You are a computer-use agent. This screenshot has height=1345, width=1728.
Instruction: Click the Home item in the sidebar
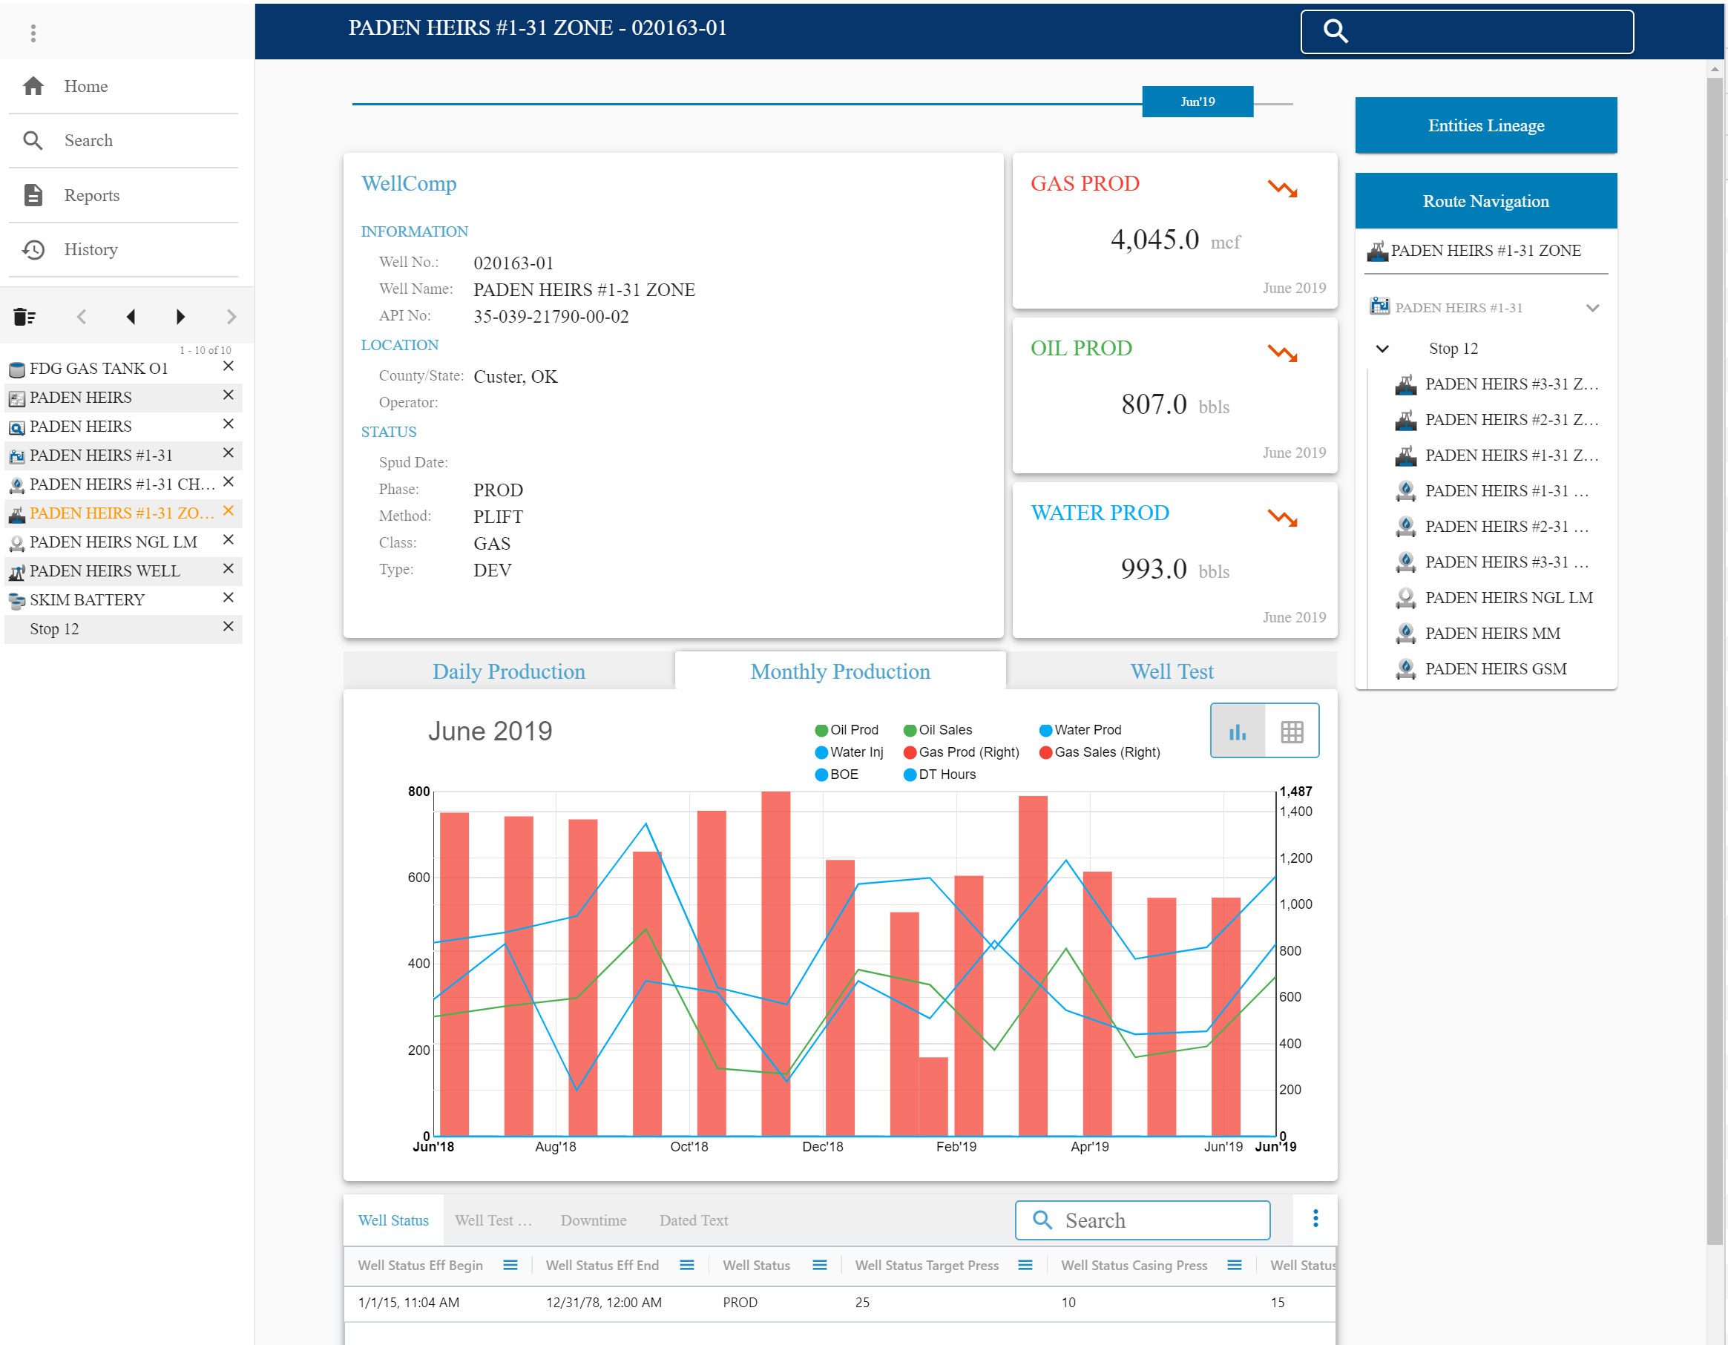[85, 86]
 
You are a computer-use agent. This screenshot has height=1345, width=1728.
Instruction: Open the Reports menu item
[91, 195]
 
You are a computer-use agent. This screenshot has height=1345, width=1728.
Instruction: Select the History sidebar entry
[91, 250]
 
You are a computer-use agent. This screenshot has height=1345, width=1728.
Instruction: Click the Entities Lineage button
[1485, 126]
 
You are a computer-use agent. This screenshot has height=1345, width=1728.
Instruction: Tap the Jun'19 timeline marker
[1196, 102]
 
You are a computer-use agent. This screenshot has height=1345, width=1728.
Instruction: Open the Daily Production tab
[508, 671]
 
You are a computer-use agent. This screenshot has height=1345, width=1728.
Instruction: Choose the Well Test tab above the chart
[1171, 671]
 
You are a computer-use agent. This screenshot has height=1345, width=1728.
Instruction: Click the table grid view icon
[1291, 731]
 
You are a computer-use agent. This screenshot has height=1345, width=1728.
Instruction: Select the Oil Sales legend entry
[944, 730]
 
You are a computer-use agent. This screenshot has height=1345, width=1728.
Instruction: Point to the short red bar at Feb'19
[933, 1096]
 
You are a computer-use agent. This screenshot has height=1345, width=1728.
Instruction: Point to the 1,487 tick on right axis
[1295, 791]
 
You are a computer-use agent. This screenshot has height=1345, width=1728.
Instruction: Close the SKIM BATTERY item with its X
[228, 598]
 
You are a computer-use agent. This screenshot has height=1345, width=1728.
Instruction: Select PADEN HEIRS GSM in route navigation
[1494, 669]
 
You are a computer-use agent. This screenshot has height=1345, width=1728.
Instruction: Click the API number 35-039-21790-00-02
[551, 318]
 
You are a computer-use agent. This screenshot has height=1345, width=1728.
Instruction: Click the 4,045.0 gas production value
[1154, 240]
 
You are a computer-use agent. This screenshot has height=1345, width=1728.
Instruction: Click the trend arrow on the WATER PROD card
[1282, 519]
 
